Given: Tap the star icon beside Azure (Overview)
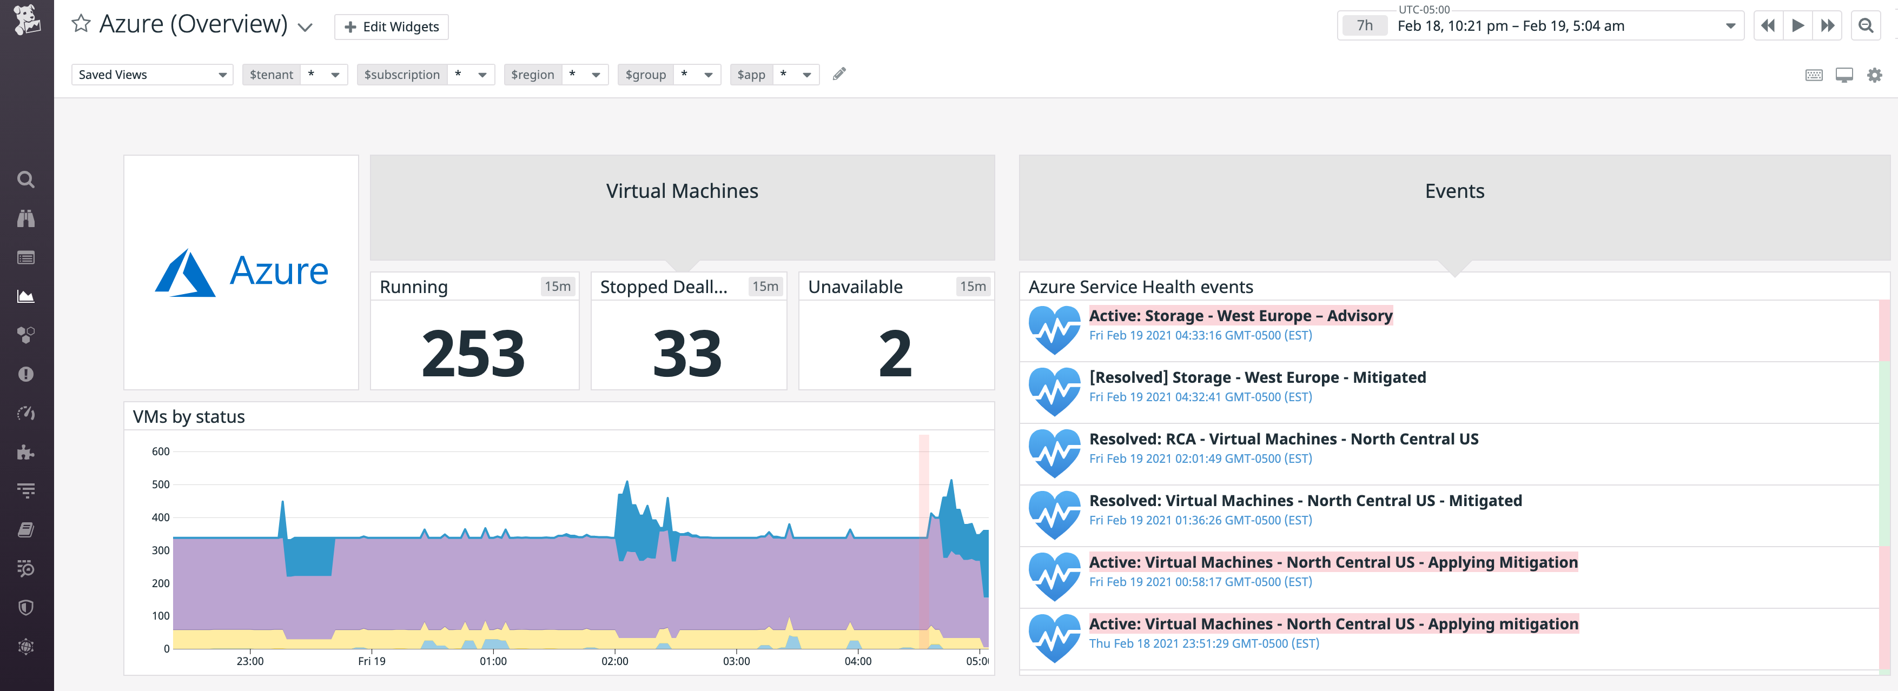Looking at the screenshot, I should pos(81,24).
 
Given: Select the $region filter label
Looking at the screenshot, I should pos(532,75).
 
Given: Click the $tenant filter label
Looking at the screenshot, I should pos(271,75).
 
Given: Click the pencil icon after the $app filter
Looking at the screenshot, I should pos(838,74).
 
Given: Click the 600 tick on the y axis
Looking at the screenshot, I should pos(161,451).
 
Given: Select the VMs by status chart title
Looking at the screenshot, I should pos(189,417).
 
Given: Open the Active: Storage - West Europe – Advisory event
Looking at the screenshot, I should pos(1240,316).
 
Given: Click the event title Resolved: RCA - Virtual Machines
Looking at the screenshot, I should pos(1283,439).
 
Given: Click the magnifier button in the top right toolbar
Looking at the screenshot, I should pos(1866,26).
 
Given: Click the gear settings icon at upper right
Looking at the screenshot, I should pos(1874,75).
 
